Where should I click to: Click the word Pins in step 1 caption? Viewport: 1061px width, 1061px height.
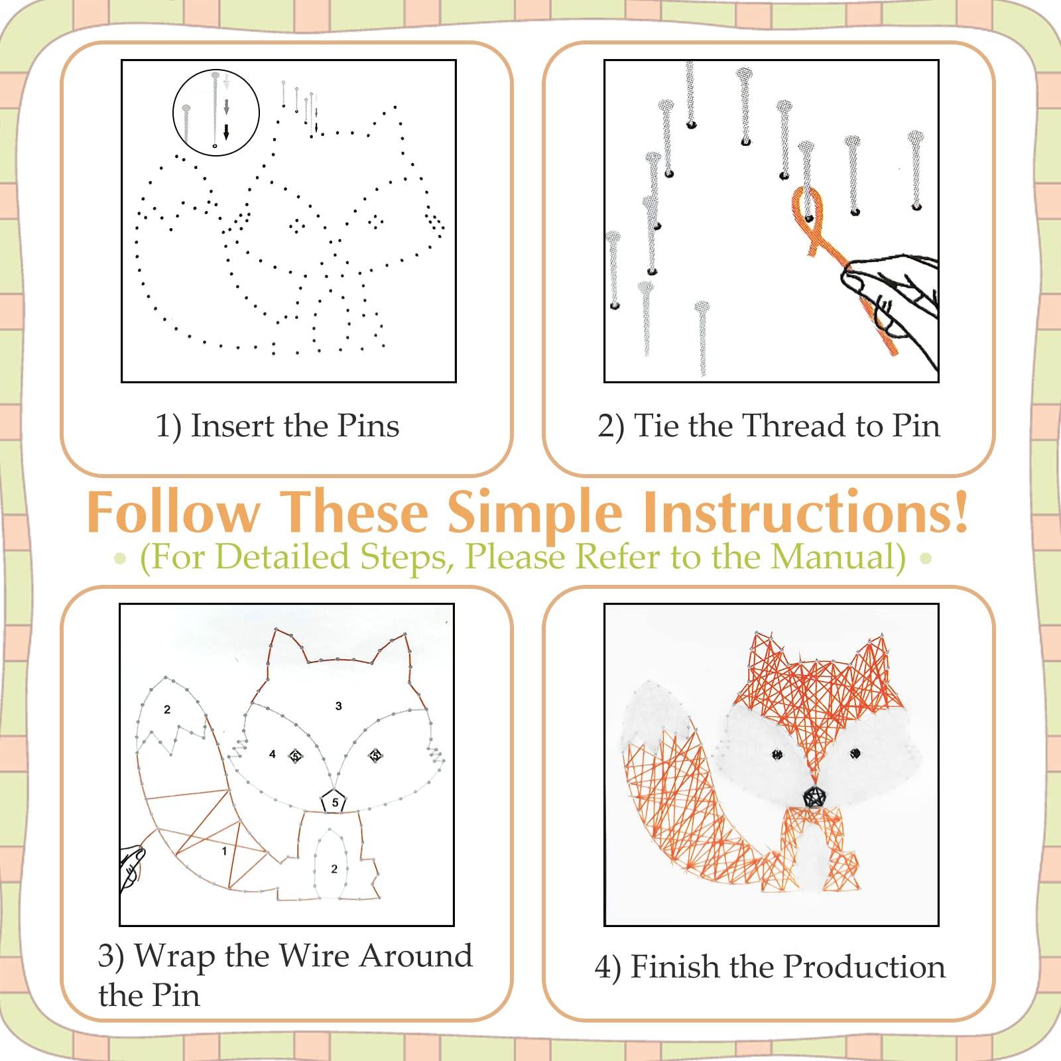pos(368,426)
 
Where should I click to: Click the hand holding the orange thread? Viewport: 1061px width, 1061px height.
pos(895,292)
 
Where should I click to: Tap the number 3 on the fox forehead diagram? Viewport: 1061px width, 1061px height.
pos(338,706)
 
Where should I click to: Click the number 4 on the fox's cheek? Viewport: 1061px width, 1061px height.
pos(272,755)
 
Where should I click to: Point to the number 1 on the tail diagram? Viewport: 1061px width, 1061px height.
pos(224,851)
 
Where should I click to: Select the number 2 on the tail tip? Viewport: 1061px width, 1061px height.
pos(167,710)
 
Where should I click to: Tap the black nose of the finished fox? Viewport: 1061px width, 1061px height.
pos(812,796)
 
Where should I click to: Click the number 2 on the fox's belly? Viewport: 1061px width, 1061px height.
pos(334,869)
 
